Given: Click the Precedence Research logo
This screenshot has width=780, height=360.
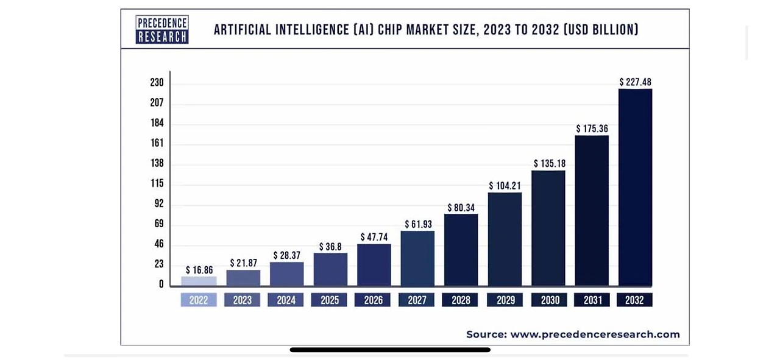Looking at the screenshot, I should [161, 29].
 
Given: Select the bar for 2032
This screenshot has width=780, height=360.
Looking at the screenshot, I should [635, 187].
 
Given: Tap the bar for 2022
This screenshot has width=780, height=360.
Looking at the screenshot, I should [199, 281].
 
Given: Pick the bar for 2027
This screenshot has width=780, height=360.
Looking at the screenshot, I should [417, 258].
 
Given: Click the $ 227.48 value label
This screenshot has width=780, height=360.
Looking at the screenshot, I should [635, 82].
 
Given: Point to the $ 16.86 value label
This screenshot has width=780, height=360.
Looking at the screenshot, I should [199, 270].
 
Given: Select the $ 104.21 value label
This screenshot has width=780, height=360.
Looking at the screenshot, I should [505, 186].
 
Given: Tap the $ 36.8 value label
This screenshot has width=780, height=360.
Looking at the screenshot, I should [330, 247].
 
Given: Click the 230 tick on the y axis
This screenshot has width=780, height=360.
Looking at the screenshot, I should [157, 82].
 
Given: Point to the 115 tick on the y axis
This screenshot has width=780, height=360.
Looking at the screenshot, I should [157, 183].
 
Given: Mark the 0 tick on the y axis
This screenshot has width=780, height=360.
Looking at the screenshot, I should [161, 284].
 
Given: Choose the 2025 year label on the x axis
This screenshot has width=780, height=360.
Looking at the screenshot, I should [330, 300].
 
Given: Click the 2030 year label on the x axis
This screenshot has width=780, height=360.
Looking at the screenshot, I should [549, 300].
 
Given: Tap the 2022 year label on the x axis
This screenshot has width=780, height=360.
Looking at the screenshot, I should [199, 300].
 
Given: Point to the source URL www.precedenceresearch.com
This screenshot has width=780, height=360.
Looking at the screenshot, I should [595, 334].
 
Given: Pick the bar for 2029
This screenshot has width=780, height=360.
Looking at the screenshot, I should [505, 239].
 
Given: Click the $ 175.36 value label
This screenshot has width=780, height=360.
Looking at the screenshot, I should [592, 129].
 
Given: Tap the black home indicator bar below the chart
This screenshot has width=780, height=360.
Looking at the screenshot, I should [390, 350].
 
